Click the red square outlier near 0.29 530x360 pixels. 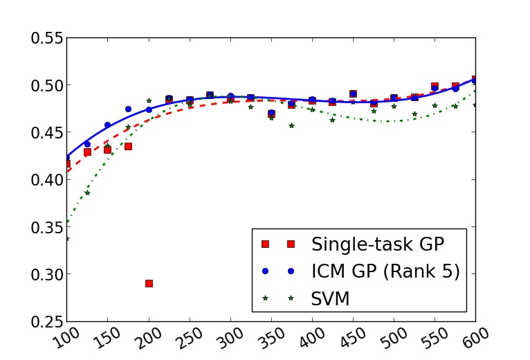point(149,283)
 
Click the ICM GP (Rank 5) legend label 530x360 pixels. point(385,271)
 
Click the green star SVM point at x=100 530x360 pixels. point(67,238)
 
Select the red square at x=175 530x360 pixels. point(128,146)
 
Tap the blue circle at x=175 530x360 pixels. point(128,109)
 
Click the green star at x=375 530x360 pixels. point(291,125)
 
